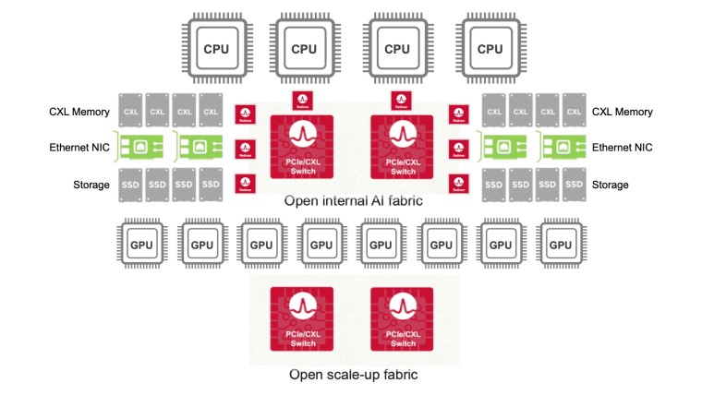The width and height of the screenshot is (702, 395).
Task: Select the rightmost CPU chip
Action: [x=490, y=48]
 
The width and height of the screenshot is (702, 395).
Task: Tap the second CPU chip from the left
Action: [x=304, y=48]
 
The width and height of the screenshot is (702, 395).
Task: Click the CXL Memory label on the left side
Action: [x=79, y=112]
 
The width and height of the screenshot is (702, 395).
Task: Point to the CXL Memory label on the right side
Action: [x=622, y=112]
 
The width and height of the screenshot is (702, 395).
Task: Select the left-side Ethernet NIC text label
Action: [x=80, y=147]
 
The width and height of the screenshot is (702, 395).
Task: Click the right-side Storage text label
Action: [x=610, y=185]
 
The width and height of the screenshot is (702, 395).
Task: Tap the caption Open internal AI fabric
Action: [x=351, y=201]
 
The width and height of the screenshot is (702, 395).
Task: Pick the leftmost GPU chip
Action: [x=141, y=245]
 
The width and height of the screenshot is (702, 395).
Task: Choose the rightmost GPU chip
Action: [x=561, y=245]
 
